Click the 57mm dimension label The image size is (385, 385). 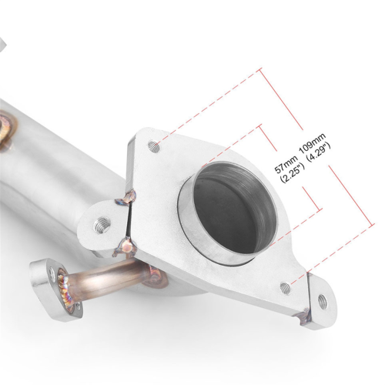click(286, 164)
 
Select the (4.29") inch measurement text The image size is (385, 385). click(319, 152)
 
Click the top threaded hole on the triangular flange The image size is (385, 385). click(154, 146)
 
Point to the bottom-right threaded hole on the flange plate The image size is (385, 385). click(286, 288)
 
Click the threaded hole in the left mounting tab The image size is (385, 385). click(102, 223)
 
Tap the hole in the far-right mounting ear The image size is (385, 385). click(323, 302)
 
